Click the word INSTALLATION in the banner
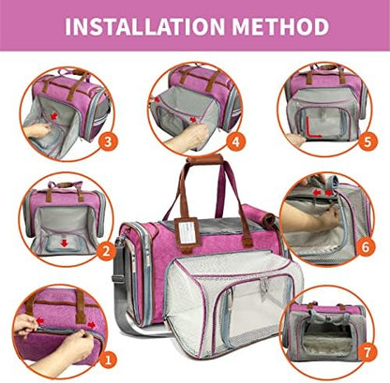coord(145,26)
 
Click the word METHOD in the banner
coord(280,26)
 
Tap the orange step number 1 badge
coord(108,360)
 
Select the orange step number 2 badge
coord(106,251)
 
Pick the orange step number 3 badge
coord(108,141)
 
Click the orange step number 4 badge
coord(236,142)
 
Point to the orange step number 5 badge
coord(367,142)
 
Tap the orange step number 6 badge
coord(366,247)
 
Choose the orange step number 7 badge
coord(367,353)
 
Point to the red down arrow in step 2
coord(65,243)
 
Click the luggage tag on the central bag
coord(187,232)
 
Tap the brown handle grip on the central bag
coord(205,160)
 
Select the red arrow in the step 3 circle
coord(54,116)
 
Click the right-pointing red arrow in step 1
coord(91,325)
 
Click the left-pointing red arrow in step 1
coord(40,320)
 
